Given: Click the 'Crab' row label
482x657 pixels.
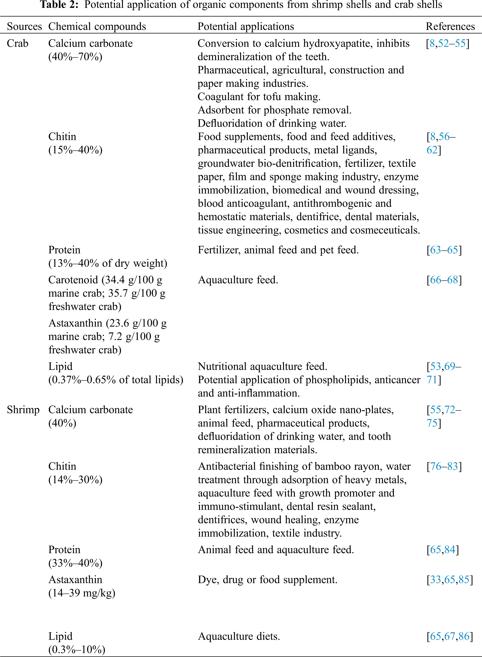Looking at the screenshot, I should [x=18, y=43].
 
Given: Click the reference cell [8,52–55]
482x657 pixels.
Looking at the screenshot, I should [x=447, y=43].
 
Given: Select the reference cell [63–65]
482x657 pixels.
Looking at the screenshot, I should [x=444, y=250].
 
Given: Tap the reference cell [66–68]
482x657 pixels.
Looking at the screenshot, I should [x=444, y=280].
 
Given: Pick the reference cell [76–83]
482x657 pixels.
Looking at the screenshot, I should [x=444, y=466].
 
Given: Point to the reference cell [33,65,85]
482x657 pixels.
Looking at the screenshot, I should [x=449, y=580].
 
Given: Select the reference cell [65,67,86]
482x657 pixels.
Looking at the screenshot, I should [x=449, y=636].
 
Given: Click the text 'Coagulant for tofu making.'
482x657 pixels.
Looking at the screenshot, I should [x=259, y=97].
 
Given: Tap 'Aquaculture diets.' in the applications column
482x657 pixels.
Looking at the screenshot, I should [x=239, y=636].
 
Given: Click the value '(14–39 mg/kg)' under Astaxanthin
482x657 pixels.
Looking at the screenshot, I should [x=82, y=593].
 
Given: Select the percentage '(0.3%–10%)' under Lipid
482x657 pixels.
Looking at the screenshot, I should [x=77, y=650].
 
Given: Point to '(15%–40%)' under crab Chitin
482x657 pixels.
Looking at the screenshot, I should [x=75, y=150].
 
